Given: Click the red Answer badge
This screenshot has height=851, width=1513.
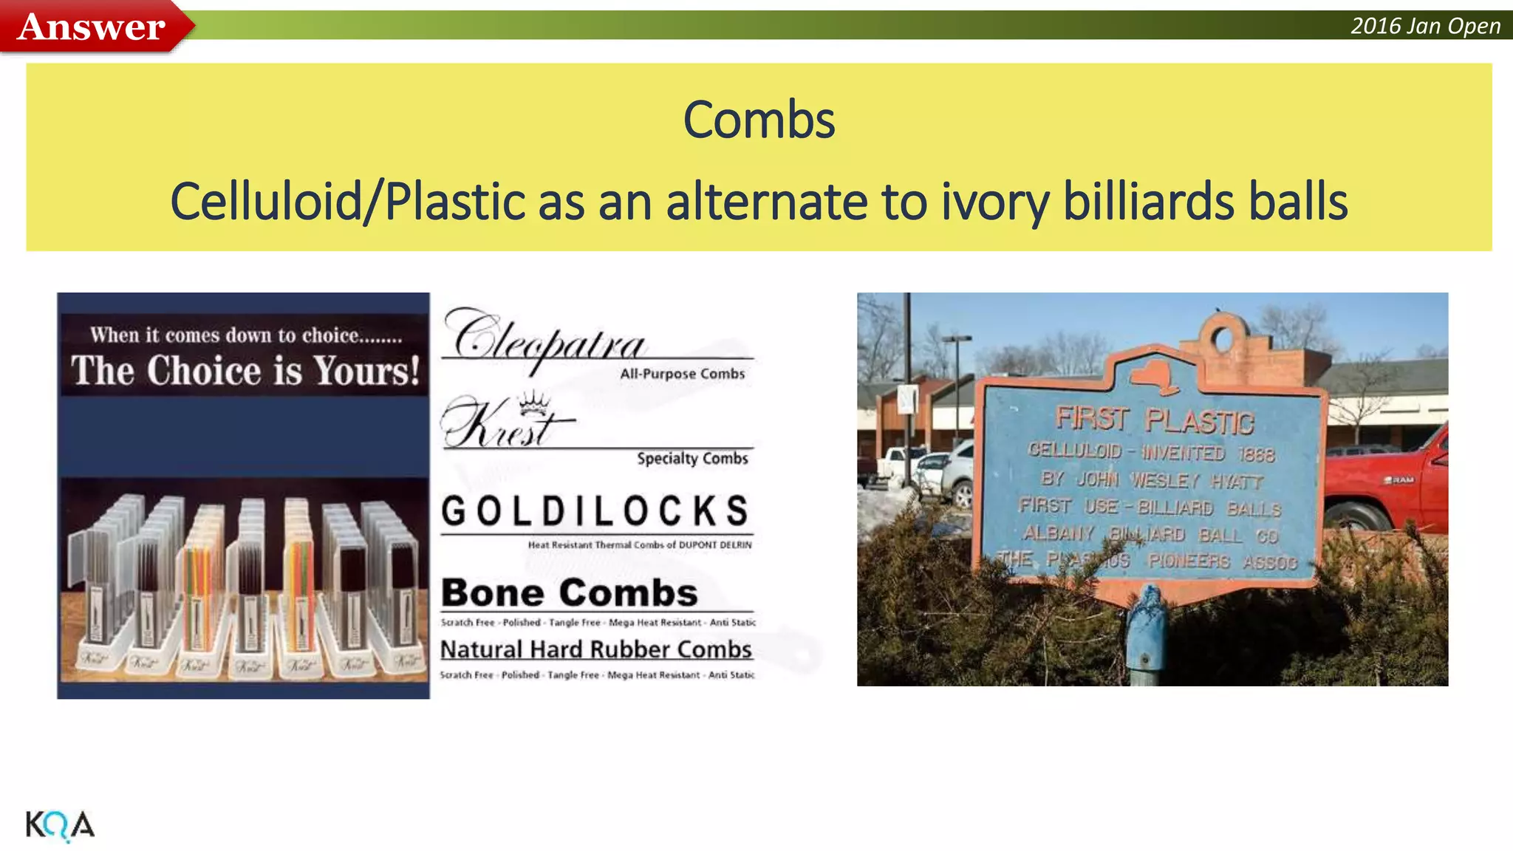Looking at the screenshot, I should pyautogui.click(x=91, y=27).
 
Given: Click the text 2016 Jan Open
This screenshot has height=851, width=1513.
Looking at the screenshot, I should pyautogui.click(x=1425, y=26).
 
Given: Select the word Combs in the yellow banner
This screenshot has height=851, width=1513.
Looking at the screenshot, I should pyautogui.click(x=759, y=120).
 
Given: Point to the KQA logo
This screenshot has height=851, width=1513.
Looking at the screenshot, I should pyautogui.click(x=60, y=825).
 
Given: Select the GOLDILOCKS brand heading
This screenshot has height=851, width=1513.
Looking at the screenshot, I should pyautogui.click(x=595, y=511).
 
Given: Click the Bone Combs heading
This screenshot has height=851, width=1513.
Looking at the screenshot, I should pyautogui.click(x=569, y=592).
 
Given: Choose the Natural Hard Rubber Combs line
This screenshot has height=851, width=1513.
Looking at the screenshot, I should pyautogui.click(x=595, y=649).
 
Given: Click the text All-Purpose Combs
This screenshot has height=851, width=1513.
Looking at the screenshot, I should pyautogui.click(x=682, y=374).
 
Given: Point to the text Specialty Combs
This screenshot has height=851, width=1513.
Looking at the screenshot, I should pyautogui.click(x=692, y=459).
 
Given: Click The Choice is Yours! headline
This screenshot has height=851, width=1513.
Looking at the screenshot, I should pyautogui.click(x=245, y=370).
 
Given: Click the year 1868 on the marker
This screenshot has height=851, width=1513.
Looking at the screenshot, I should pyautogui.click(x=1257, y=454).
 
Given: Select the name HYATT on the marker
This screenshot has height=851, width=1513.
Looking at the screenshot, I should pyautogui.click(x=1237, y=482).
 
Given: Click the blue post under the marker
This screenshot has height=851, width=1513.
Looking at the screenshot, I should pyautogui.click(x=1146, y=635).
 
